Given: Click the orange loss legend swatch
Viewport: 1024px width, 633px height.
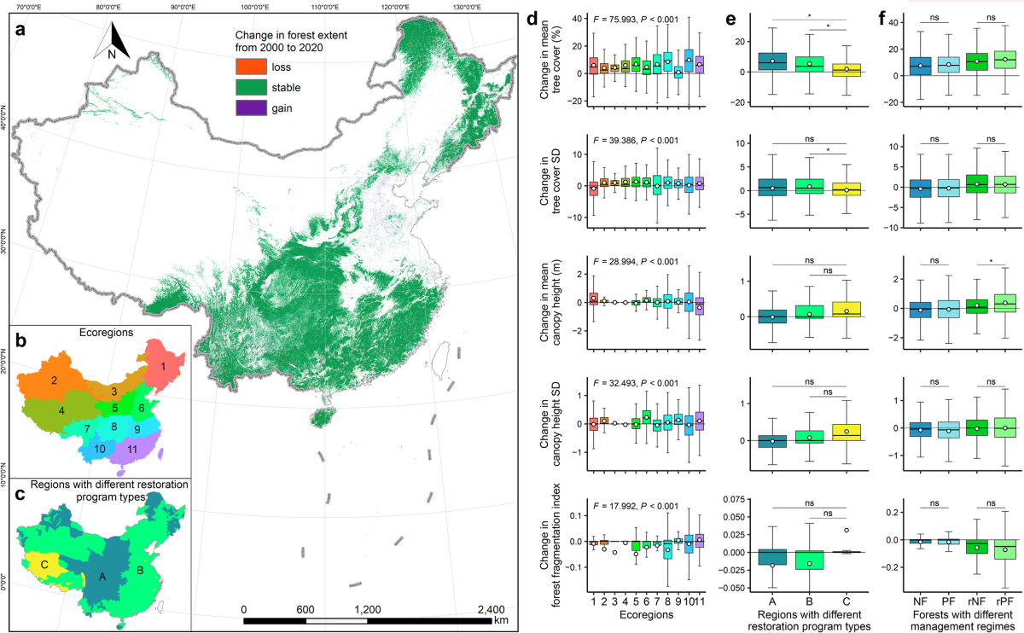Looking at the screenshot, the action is (x=251, y=67).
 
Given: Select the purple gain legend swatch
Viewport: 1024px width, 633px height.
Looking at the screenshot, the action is (x=251, y=107).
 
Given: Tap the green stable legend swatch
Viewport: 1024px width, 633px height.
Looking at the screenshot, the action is (x=251, y=87).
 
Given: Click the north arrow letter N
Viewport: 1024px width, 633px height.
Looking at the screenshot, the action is (x=112, y=55).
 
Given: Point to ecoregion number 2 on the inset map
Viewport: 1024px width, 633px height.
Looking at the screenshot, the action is (x=54, y=380).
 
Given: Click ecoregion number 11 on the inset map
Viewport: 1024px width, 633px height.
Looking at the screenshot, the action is (x=132, y=450).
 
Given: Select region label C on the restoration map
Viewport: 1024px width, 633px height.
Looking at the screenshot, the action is (x=44, y=565).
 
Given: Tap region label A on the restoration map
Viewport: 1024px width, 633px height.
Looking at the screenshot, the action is (x=102, y=577).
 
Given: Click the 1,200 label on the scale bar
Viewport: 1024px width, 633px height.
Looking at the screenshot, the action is (x=368, y=610).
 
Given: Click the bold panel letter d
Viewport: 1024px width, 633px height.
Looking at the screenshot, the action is (x=532, y=19).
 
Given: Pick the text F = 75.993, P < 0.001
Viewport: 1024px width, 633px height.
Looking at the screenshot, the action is (x=636, y=20).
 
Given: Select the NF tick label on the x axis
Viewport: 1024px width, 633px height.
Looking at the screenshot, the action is (x=920, y=601).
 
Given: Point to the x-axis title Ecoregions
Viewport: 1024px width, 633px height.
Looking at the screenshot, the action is (x=646, y=615).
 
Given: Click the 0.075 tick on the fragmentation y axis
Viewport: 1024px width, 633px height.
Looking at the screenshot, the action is (x=732, y=500).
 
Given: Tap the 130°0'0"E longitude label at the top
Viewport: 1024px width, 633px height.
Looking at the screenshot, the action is (x=467, y=7).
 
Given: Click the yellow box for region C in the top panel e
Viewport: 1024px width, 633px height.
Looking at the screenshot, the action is (x=847, y=70).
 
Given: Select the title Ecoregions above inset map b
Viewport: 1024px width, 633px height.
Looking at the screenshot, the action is (x=106, y=332).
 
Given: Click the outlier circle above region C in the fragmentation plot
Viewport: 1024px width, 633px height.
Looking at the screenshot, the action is (x=847, y=530).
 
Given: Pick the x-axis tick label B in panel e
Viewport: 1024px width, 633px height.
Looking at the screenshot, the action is (x=809, y=601).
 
